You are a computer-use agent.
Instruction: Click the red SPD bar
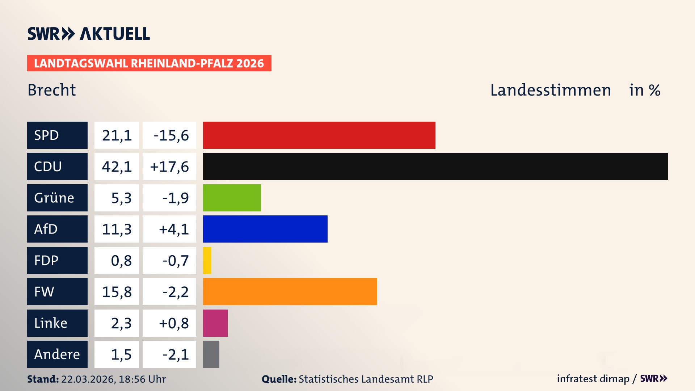click(x=319, y=135)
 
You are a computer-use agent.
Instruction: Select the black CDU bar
click(x=435, y=166)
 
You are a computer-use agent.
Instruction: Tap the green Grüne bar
click(x=232, y=198)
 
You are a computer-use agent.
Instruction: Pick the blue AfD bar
click(x=265, y=229)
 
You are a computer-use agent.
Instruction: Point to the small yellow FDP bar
click(x=207, y=260)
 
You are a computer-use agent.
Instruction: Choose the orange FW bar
click(x=290, y=291)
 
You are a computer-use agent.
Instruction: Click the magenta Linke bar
click(x=215, y=323)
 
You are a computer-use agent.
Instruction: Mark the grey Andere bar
click(x=211, y=354)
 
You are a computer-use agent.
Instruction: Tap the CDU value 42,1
click(x=117, y=167)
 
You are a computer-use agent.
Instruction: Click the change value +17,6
click(x=169, y=167)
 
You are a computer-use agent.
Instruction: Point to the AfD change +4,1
click(x=173, y=229)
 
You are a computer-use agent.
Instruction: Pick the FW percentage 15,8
click(x=117, y=292)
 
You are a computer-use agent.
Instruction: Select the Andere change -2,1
click(x=175, y=354)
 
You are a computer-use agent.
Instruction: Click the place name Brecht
click(x=52, y=90)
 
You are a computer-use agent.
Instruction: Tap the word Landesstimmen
click(x=550, y=90)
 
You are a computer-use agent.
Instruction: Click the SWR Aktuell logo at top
click(x=89, y=34)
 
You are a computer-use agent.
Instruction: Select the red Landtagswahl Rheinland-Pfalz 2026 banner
click(x=149, y=63)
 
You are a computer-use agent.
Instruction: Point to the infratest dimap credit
click(x=593, y=379)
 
